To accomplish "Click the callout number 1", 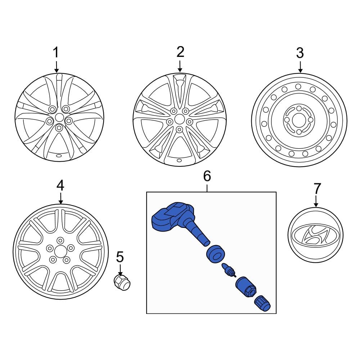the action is coord(56,52).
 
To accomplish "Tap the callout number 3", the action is coord(300,53).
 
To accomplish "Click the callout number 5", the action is coord(120,257).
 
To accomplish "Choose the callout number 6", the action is coord(207,176).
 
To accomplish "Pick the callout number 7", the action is coord(316,189).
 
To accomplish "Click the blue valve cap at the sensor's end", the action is coord(262,303).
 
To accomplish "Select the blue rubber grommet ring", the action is coord(215,254).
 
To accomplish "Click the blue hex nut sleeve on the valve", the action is coord(246,287).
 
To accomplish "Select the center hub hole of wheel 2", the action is coord(179,120).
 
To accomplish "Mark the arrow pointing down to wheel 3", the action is coord(300,67).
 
